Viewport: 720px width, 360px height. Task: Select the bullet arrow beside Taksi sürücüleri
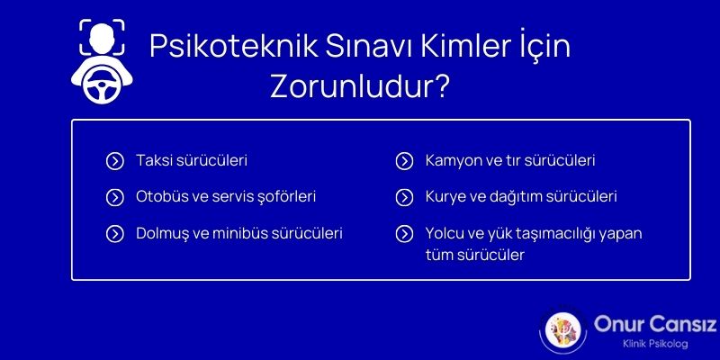point(114,161)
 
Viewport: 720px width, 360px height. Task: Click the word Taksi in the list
point(152,161)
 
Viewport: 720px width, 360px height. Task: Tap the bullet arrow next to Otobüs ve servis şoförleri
point(114,196)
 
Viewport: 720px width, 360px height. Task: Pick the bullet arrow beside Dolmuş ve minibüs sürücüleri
point(114,233)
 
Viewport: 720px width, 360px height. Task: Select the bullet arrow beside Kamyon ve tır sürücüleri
point(404,161)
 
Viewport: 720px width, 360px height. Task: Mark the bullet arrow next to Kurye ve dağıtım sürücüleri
point(404,196)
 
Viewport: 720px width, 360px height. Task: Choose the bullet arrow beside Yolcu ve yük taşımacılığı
point(404,233)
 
